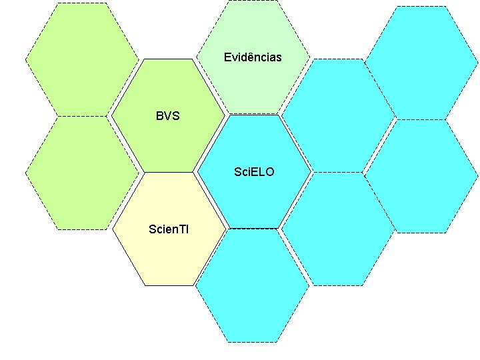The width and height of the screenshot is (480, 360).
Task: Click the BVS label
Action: pos(168,116)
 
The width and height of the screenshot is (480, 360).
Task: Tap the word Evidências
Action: pos(253,57)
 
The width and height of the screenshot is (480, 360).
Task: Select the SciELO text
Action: pos(254,172)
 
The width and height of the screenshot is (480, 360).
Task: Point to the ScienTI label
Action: pos(169,229)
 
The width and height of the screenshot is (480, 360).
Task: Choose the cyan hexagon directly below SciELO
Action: pos(252,285)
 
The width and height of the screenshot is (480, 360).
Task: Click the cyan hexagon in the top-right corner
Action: pos(422,63)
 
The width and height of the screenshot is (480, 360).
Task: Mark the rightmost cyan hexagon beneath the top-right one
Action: pos(422,176)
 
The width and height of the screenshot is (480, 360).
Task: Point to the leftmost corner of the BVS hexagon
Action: pos(111,115)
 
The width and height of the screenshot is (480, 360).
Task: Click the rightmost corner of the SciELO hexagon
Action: pos(311,171)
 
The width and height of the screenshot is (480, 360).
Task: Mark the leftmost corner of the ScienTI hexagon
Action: pos(112,229)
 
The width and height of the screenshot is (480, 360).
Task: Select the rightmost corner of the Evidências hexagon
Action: pos(310,57)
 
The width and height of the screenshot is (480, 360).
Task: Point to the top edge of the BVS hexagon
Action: pos(168,60)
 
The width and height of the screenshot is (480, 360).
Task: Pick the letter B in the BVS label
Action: pos(159,116)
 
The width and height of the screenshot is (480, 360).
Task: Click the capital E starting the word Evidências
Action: pos(227,57)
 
